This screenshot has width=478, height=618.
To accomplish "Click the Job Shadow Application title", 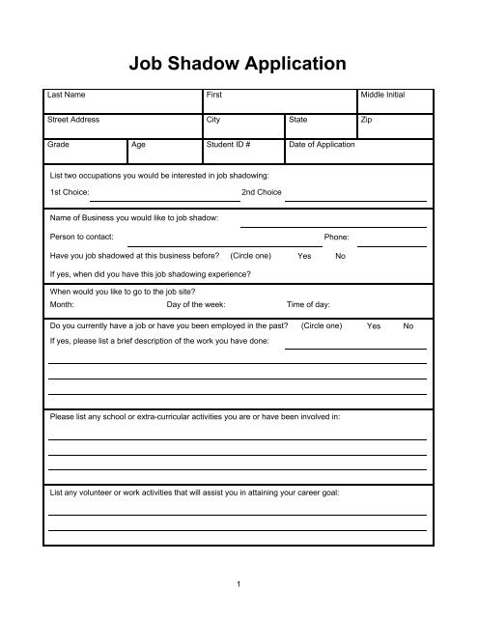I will click(238, 65).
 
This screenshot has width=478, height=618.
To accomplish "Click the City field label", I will click(213, 121).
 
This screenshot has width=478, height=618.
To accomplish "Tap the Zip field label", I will click(365, 121).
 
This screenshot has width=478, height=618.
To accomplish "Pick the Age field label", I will click(140, 144).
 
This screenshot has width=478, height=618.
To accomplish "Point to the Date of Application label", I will click(322, 144).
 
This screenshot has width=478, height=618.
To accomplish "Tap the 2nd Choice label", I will click(261, 193).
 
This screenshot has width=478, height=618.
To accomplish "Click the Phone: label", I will click(337, 237).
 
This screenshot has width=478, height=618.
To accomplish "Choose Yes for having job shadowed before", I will click(304, 256).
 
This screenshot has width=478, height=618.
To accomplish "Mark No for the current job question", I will click(408, 326).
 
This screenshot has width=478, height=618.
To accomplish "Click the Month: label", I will click(63, 303).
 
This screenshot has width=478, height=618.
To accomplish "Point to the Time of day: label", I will click(308, 303).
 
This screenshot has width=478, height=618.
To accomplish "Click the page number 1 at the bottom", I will click(238, 583).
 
